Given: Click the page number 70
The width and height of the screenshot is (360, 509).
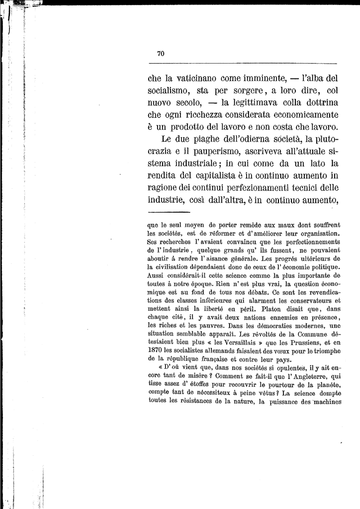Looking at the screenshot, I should point(161,54).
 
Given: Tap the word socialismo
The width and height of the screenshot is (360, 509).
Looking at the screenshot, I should point(172,92).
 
